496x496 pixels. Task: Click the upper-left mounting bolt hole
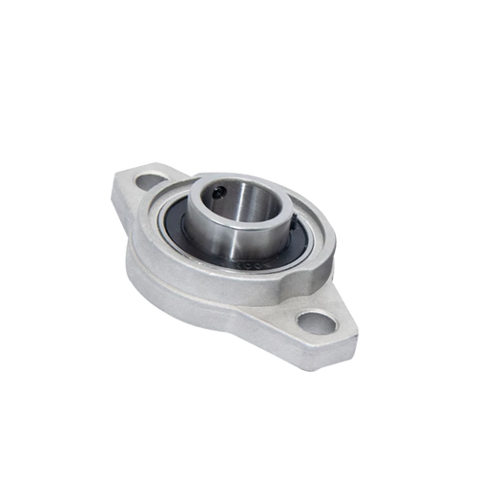pyautogui.click(x=150, y=178)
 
